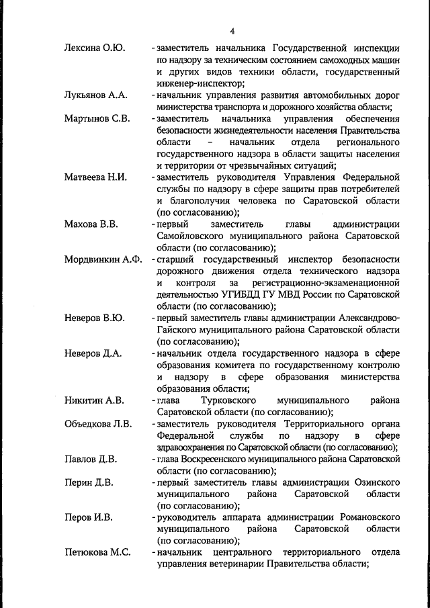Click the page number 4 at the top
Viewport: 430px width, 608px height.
[232, 32]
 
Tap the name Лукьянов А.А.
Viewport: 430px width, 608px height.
[95, 95]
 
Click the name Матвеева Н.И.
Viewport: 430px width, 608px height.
[96, 177]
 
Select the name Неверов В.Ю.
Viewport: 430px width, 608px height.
[94, 317]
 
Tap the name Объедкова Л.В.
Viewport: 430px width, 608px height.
[98, 424]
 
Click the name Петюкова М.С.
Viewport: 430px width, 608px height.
[97, 552]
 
